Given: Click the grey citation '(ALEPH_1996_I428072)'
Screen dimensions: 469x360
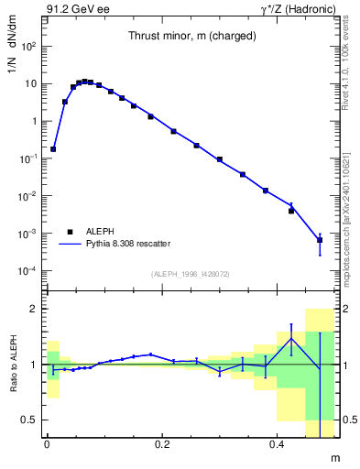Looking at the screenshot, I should click(x=191, y=274).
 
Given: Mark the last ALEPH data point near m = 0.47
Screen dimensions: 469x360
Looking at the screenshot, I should click(x=320, y=240).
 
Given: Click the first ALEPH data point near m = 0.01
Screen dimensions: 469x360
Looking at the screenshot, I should click(x=53, y=148).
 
